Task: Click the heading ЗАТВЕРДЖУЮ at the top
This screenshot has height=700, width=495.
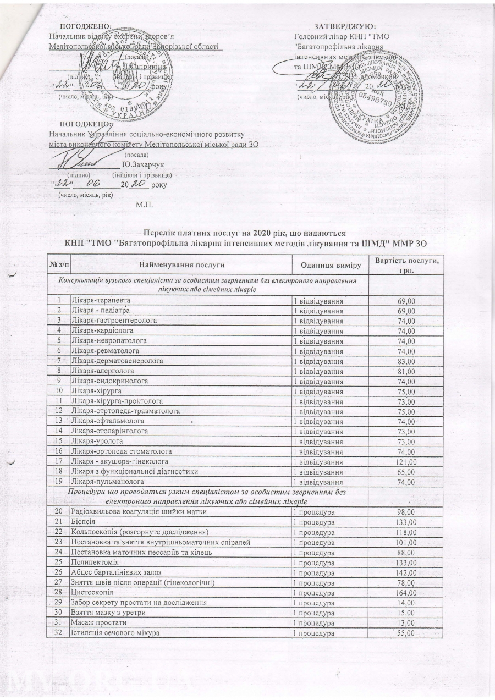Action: (x=345, y=26)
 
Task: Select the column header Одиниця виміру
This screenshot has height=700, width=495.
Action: (x=329, y=266)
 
